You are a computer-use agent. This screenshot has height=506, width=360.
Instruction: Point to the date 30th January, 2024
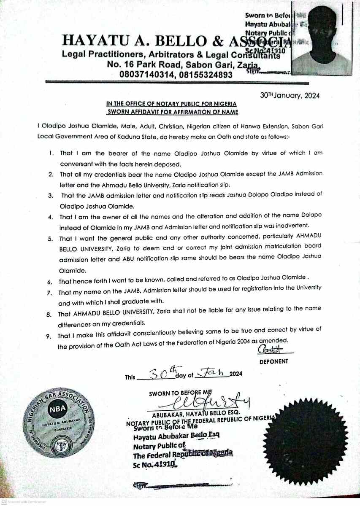(290, 95)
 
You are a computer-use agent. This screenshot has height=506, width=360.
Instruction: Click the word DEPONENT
(273, 361)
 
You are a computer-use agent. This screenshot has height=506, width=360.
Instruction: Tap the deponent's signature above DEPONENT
(271, 350)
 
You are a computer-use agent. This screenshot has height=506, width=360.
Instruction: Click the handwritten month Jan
(214, 372)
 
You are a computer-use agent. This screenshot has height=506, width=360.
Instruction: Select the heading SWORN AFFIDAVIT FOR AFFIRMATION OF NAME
(172, 112)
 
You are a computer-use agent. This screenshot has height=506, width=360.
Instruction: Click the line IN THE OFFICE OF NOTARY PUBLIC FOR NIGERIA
(171, 104)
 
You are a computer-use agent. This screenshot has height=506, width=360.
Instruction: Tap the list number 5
(49, 239)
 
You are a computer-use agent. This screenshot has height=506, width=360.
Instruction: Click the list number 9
(49, 336)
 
